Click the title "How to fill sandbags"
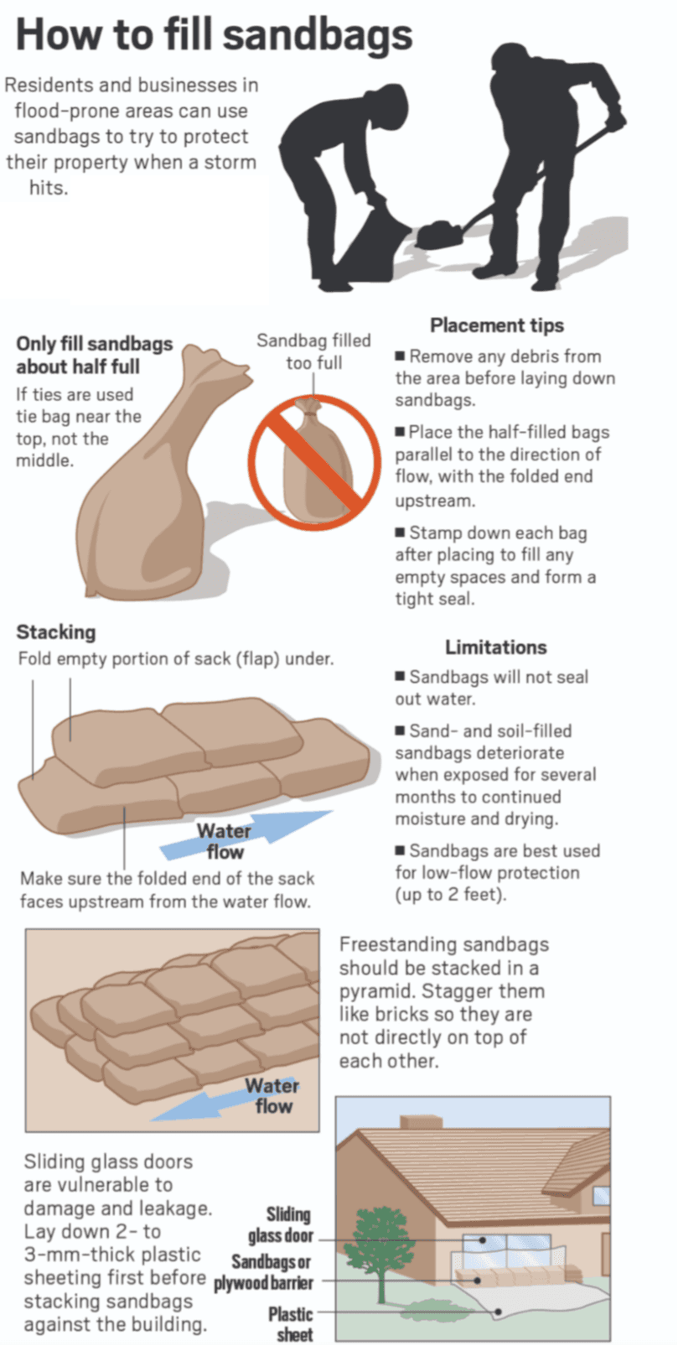[x=215, y=35]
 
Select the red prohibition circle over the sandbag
[x=313, y=458]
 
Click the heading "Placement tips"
[x=497, y=325]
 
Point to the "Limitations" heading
[x=495, y=647]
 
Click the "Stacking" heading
[x=56, y=631]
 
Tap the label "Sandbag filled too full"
[x=313, y=351]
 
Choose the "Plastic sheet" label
[x=290, y=1324]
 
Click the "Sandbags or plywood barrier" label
[x=263, y=1272]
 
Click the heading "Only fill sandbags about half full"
[x=95, y=355]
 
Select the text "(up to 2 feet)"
[x=451, y=894]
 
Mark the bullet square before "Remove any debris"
[x=401, y=356]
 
